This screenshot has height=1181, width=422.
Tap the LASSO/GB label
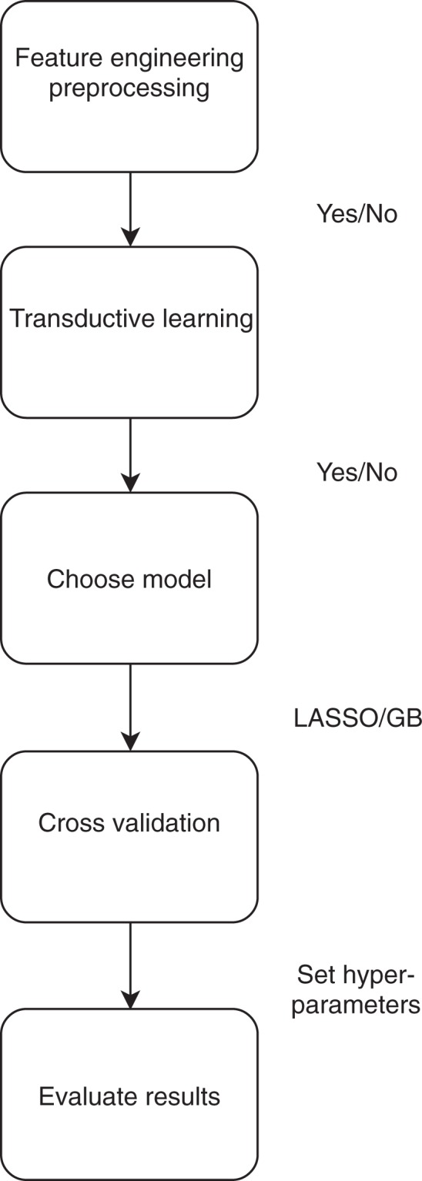point(357,718)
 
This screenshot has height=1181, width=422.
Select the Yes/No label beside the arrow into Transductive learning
point(357,213)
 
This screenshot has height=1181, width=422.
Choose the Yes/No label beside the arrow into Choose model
point(357,472)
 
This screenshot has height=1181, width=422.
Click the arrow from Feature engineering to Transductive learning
point(130,208)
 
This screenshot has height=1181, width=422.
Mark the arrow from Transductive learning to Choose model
point(130,454)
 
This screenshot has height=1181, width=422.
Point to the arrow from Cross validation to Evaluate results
point(130,964)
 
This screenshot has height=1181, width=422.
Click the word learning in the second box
point(206,319)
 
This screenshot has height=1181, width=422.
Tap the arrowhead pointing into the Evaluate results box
point(130,998)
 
